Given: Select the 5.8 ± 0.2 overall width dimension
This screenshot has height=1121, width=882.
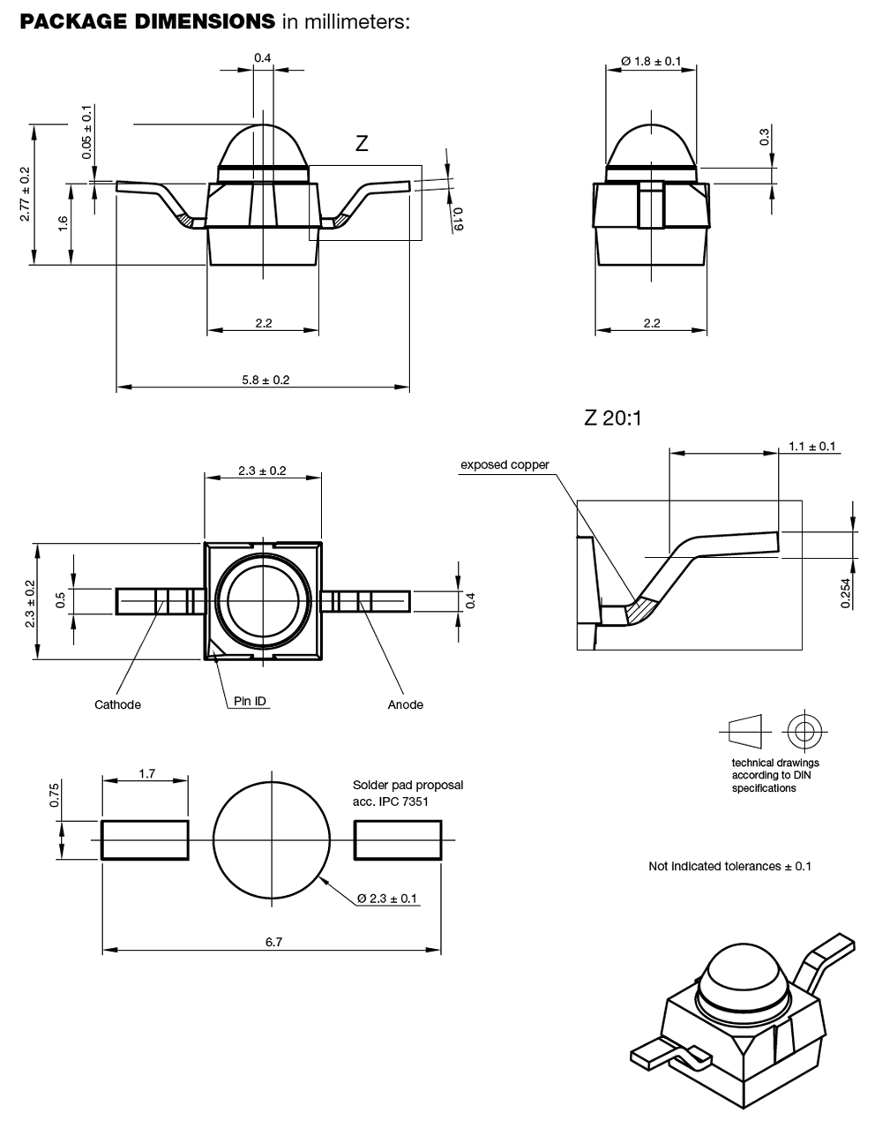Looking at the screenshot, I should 265,380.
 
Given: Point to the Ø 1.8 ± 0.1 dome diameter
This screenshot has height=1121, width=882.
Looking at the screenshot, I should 651,61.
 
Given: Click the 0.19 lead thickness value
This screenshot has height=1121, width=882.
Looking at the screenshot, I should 457,218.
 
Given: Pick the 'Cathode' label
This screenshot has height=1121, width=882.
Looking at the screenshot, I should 117,704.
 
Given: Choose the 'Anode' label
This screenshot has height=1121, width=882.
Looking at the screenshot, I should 406,704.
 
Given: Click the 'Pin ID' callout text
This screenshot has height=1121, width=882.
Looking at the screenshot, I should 250,702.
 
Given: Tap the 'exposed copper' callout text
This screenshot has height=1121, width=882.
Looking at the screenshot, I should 505,465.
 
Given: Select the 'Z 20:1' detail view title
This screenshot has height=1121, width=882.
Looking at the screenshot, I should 613,418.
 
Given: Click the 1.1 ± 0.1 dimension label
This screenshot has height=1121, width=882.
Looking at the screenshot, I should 811,447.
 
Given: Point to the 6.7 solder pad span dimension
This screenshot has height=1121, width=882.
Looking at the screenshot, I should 273,943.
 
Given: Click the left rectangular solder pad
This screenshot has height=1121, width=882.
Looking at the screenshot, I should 146,839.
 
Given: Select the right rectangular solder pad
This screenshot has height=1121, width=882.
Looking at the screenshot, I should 398,839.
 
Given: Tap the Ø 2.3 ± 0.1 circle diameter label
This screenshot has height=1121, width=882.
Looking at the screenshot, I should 388,899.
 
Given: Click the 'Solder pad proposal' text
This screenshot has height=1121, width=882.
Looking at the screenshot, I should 407,785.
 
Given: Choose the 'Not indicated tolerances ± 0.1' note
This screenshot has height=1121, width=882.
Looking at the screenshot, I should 729,866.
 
